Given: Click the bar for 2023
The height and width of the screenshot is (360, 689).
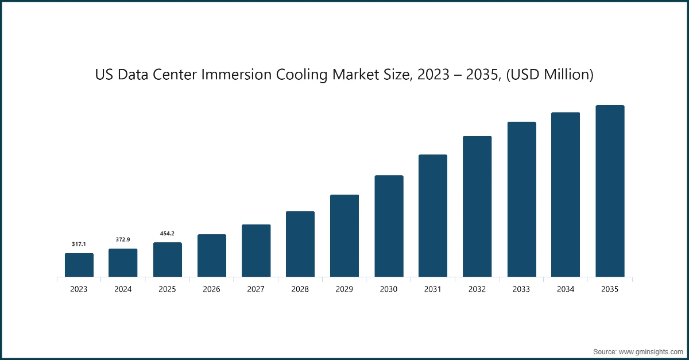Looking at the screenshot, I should coord(79,265).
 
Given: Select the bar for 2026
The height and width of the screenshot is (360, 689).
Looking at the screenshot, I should coord(211,256).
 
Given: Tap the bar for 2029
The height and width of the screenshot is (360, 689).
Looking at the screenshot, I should coord(344,236).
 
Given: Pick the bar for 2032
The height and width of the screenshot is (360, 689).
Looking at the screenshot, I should coord(477,207).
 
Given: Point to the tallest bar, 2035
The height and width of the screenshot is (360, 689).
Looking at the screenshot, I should coord(610,191).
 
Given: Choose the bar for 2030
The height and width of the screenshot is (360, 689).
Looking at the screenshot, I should coord(389,226).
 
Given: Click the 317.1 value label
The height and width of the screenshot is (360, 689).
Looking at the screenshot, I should coord(79,244).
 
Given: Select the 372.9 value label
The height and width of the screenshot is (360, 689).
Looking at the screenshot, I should coord(123,239).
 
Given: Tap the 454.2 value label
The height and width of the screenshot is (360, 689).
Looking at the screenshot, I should coord(167,233).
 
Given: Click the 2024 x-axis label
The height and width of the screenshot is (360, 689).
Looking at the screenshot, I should coord(123,289).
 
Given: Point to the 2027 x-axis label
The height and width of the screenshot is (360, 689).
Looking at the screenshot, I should coord(256,289).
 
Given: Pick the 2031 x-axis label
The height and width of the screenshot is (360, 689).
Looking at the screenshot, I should coord(433,289).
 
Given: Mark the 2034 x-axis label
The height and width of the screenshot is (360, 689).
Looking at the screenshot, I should coord(566,289).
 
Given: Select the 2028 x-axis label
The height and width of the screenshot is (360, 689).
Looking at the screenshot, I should coord(300,289).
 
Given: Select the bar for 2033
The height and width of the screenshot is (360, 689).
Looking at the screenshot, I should coord(521,199).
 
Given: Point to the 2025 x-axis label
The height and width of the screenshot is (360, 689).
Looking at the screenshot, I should coord(167,289).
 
